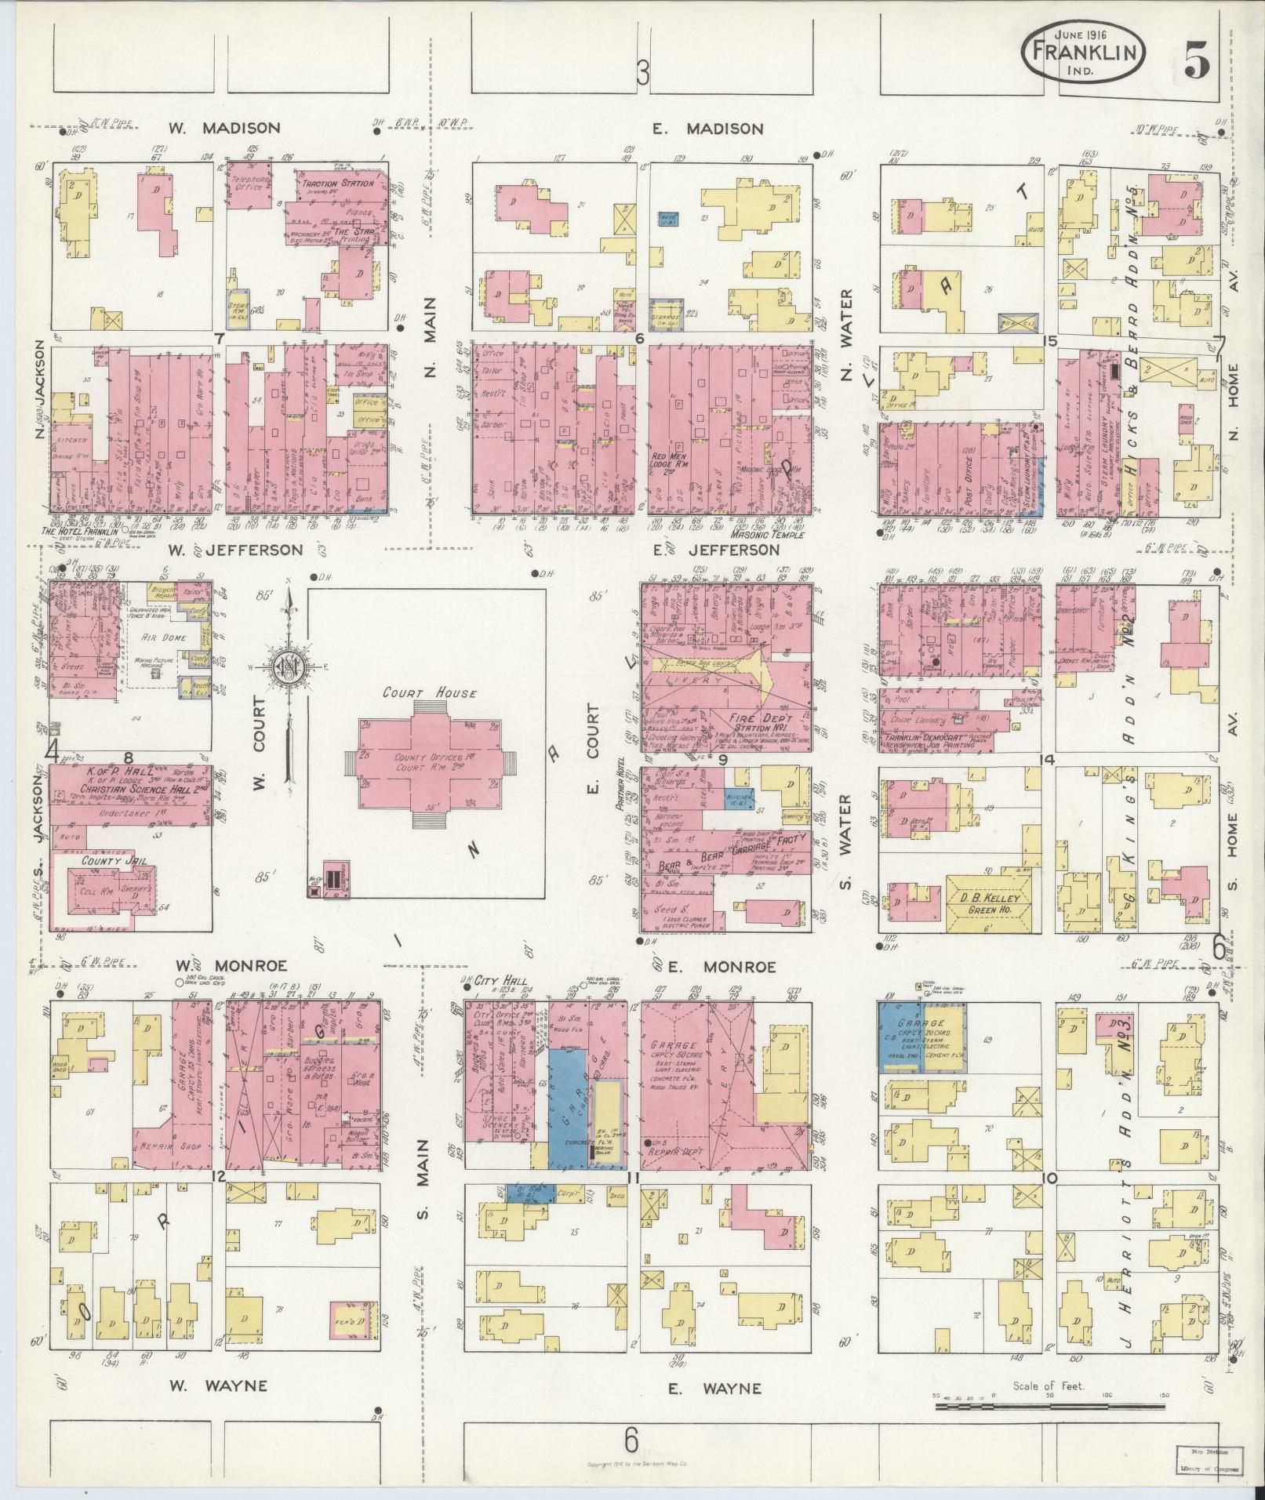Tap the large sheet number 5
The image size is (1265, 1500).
point(1195,60)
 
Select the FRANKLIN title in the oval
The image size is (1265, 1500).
point(1084,53)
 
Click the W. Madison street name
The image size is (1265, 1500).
point(224,128)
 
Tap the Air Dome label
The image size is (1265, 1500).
point(164,637)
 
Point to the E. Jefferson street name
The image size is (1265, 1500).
point(718,550)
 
